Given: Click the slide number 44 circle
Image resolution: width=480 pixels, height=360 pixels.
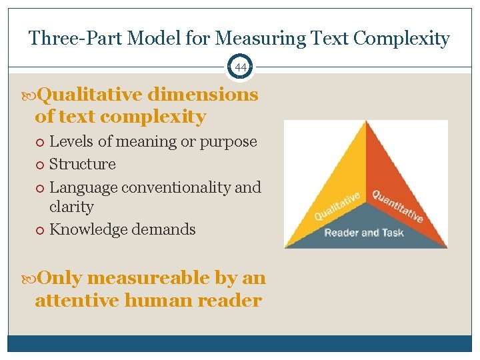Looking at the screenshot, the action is (x=240, y=67).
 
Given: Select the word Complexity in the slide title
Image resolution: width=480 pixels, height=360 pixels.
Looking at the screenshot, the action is (x=401, y=38).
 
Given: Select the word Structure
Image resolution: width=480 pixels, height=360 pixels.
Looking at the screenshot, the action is (x=83, y=164).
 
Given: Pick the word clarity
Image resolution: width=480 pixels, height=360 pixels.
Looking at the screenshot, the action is (x=71, y=207).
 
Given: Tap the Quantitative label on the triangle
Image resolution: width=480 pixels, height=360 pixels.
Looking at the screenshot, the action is (x=397, y=206).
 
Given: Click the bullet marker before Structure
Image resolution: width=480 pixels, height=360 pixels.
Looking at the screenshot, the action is (x=41, y=165).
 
